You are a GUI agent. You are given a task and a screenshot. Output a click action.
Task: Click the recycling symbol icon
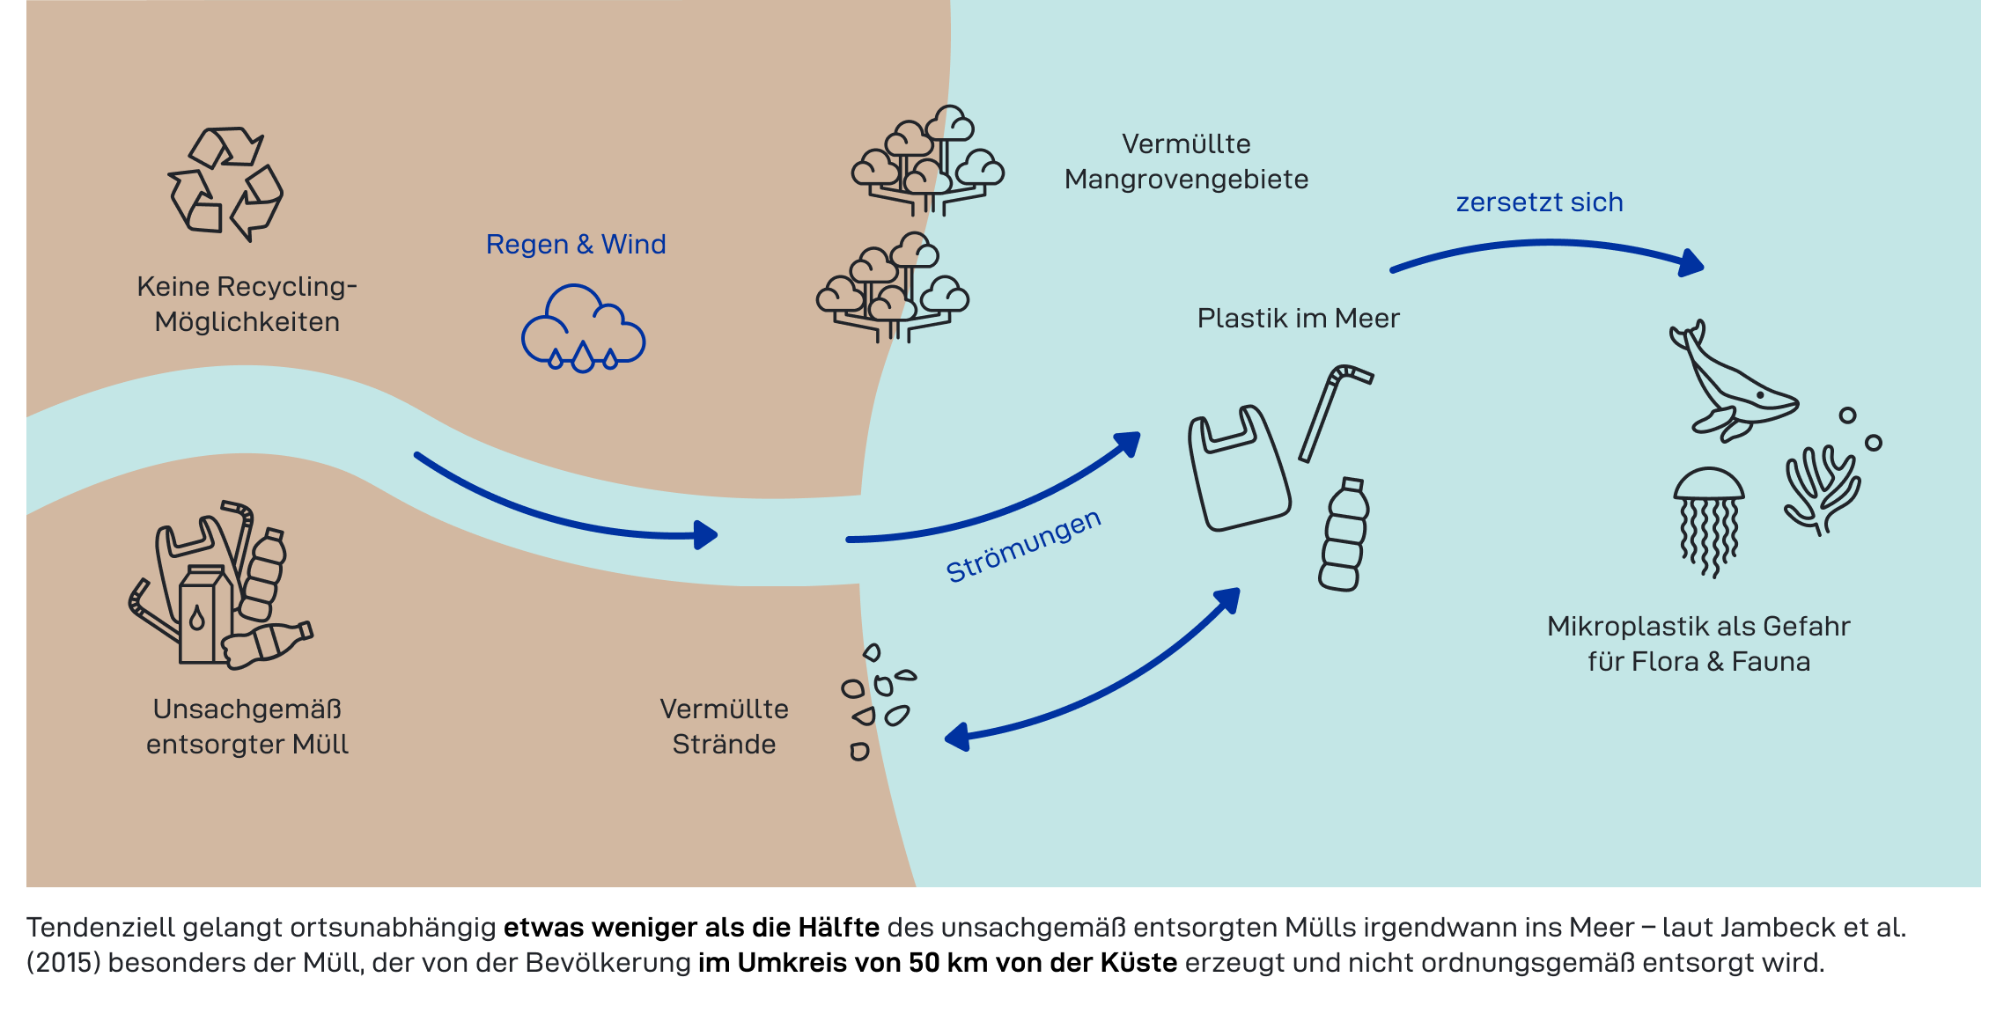point(225,183)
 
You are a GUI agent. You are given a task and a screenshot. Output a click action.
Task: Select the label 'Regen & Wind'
point(576,244)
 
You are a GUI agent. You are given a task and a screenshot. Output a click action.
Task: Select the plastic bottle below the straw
point(1344,536)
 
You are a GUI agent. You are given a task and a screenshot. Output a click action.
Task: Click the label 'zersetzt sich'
point(1539,202)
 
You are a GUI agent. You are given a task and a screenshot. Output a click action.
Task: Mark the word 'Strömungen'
point(1023,546)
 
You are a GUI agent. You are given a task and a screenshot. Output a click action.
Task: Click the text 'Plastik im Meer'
point(1298,318)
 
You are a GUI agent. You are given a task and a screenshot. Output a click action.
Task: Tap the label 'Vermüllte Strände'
point(724,726)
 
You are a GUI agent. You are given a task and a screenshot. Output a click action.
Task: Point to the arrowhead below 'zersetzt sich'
point(1691,263)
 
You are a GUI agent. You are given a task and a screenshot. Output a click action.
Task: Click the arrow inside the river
point(564,511)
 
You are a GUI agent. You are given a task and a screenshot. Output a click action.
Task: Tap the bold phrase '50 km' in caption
point(939,963)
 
